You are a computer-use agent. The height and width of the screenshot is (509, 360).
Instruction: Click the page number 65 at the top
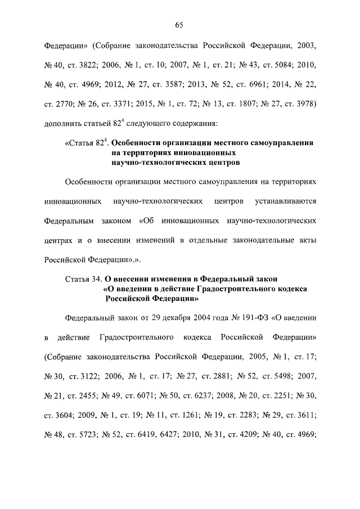pyautogui.click(x=180, y=25)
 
